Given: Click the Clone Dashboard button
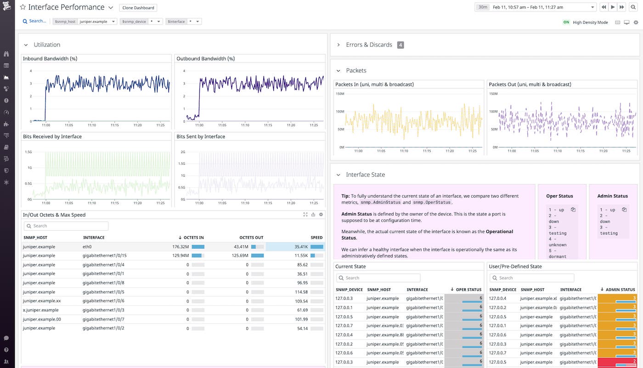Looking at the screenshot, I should click(x=138, y=8).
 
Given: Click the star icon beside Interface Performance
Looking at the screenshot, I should click(x=23, y=7).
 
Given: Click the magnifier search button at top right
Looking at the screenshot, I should click(x=634, y=7).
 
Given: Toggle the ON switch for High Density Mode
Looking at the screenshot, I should click(x=566, y=22).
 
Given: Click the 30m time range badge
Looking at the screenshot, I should click(x=482, y=7).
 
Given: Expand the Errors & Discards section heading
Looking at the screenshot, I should click(x=369, y=45).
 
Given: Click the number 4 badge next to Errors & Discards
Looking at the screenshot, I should click(x=400, y=45).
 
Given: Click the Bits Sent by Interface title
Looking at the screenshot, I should click(x=201, y=136).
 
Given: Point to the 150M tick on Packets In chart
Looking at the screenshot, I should click(x=340, y=94).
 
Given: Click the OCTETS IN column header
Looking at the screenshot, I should click(x=193, y=238).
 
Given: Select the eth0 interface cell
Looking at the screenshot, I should click(x=87, y=246).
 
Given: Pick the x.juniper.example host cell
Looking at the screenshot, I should click(x=40, y=310).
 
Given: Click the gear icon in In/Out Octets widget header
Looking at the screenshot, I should click(x=321, y=215).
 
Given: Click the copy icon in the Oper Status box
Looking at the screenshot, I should click(x=573, y=210).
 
